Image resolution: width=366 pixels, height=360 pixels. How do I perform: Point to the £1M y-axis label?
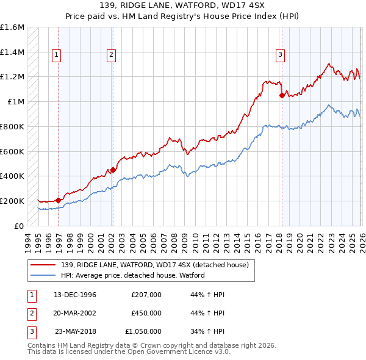pyautogui.click(x=15, y=101)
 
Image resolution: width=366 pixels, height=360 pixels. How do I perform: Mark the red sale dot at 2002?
pyautogui.click(x=113, y=170)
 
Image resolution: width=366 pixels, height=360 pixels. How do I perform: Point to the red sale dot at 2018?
pyautogui.click(x=282, y=95)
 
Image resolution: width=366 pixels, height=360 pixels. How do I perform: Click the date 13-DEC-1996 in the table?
pyautogui.click(x=74, y=295)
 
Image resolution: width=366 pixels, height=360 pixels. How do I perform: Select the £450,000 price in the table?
pyautogui.click(x=146, y=313)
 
